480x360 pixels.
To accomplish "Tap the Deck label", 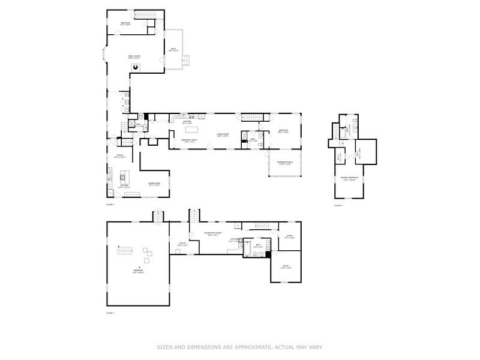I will click(x=173, y=50).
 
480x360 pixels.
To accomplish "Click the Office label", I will click(x=119, y=156).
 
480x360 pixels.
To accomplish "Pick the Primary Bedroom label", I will click(x=349, y=179).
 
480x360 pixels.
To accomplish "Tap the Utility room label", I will click(x=182, y=244).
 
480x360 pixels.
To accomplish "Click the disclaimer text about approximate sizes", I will click(x=240, y=346).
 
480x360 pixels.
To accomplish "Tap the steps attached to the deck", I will click(x=187, y=60).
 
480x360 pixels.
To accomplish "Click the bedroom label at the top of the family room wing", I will click(x=125, y=24).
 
